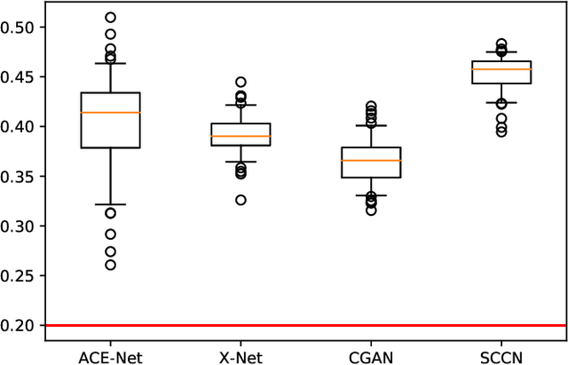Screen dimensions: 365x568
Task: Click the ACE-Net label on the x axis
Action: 110,355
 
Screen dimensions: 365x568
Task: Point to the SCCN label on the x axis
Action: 501,355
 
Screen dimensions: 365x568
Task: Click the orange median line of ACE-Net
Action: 110,113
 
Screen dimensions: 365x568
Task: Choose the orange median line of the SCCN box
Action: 501,69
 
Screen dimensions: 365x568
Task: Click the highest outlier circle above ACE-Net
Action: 110,18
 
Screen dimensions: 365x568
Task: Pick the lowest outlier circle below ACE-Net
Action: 110,265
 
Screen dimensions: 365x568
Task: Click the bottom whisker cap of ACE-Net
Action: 110,204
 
